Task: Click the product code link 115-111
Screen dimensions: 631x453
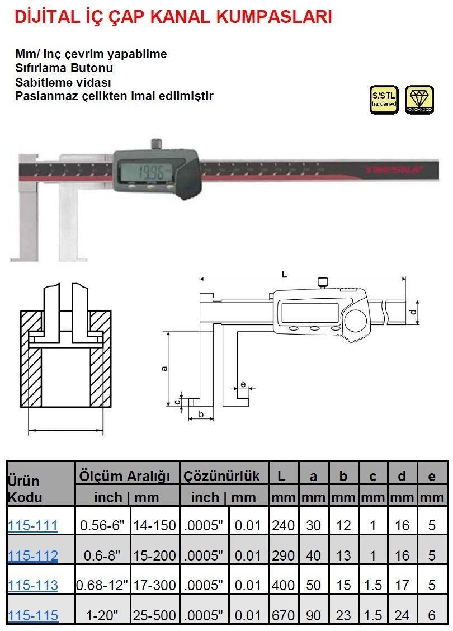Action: coord(33,525)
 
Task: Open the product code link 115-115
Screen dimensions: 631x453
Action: coord(33,615)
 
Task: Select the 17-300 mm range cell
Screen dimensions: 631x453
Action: coord(154,585)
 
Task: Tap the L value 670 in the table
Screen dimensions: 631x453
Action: coord(283,615)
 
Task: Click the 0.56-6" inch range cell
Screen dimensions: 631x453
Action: coord(103,525)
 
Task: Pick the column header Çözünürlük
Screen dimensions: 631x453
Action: coord(222,476)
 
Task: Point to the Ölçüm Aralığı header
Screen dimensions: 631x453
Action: coord(124,476)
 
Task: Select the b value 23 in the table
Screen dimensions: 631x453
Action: coord(344,615)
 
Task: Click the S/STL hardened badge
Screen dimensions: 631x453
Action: coord(384,100)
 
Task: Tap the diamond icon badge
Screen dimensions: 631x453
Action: coord(418,100)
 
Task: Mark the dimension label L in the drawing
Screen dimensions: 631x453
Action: coord(285,274)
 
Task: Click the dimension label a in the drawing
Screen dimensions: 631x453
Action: coord(163,368)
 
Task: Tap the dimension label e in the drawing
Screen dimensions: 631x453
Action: coord(242,384)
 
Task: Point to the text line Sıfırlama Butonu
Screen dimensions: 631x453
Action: coord(64,68)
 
